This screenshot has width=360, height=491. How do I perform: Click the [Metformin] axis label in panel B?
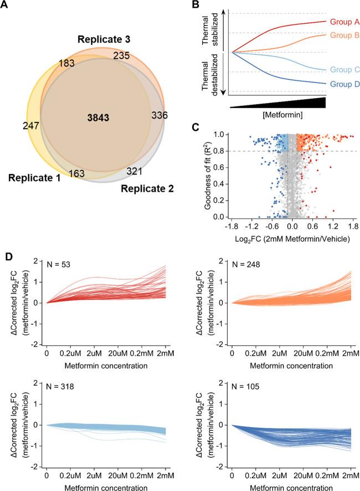(276, 114)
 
